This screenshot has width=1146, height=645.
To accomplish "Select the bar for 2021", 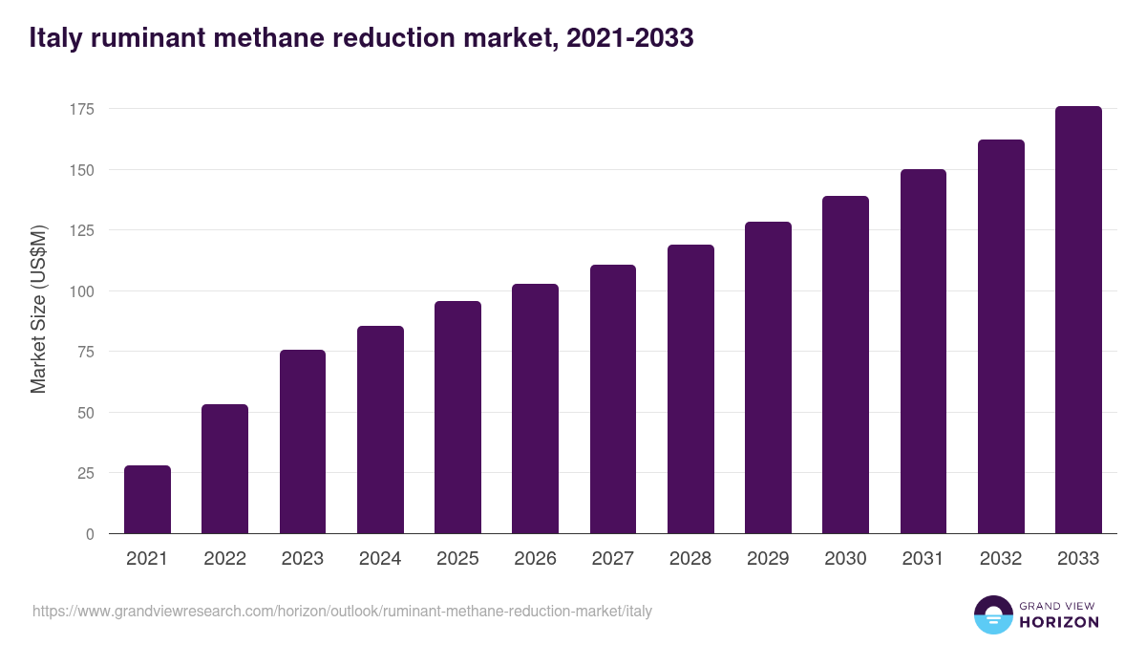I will (147, 500).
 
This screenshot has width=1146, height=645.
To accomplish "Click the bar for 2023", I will (303, 441).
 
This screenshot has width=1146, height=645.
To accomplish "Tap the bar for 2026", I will (535, 409).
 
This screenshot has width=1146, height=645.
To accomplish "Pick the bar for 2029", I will (768, 377).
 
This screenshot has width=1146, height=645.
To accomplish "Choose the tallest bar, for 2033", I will (1078, 320).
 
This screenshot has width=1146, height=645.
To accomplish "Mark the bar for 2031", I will (923, 352).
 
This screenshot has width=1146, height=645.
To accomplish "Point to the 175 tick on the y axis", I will (81, 109).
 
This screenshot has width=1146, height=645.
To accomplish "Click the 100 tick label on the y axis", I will (81, 291).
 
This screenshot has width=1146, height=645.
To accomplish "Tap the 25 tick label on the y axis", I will (85, 473).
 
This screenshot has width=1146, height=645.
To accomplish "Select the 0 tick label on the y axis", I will (90, 534).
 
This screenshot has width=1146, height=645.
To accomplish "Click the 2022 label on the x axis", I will (224, 559).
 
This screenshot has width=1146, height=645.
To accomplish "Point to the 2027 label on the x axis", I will (612, 559).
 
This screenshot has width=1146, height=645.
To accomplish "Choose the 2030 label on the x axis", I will (845, 559).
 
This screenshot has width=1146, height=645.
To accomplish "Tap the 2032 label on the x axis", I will (1001, 559).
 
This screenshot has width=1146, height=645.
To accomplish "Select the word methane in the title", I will (289, 38).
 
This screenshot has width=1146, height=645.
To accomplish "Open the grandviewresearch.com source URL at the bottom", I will (342, 611).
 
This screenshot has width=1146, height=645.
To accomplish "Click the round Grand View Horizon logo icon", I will (993, 614).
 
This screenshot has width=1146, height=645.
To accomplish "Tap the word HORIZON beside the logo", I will (1059, 622).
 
